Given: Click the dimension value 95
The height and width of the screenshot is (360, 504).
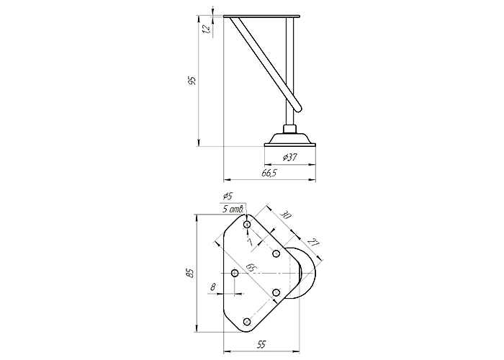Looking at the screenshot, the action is coord(192,81).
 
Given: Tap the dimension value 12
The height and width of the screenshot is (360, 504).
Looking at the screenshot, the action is coord(206,30).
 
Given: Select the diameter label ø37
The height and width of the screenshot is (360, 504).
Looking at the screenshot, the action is coord(289,158).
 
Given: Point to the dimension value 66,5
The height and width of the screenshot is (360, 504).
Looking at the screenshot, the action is coord(269,173).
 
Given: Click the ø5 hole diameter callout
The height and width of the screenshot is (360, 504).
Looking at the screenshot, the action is coord(228,195).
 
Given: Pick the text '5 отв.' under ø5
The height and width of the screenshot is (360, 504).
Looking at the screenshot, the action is coord(233,210).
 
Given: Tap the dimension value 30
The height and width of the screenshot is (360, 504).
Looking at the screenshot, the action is coord(285,215).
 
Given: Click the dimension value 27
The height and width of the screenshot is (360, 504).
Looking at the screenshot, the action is coord(312,243).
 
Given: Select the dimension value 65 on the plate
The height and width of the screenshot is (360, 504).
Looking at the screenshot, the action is coord(251,267).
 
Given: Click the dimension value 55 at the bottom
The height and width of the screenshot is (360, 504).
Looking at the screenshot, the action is coord(261,345).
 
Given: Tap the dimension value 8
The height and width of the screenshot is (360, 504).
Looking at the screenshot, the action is coord(213,287).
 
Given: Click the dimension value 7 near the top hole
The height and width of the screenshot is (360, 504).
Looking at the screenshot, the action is coord(249,242).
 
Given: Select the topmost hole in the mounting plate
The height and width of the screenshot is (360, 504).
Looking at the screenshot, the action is coord(247,225).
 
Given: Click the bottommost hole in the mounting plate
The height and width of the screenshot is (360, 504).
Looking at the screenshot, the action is coord(247,321).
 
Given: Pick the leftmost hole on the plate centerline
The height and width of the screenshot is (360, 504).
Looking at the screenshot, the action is coord(235,273).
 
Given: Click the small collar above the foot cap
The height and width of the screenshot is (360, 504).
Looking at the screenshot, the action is coord(289,129).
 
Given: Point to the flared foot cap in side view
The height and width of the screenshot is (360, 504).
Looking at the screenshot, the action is coord(290,140).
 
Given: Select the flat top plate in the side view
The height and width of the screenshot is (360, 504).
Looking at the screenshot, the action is coord(261,16).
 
